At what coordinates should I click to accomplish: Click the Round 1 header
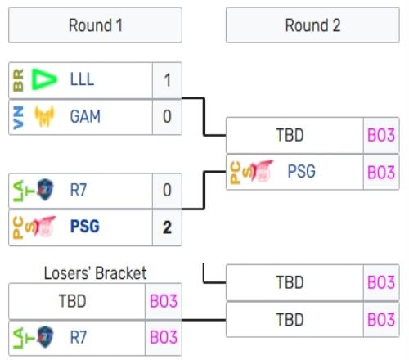[95, 25]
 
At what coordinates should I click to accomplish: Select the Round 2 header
[312, 25]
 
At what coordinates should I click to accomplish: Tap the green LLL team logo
[44, 79]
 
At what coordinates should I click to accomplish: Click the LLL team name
[82, 79]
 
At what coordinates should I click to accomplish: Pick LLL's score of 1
[167, 80]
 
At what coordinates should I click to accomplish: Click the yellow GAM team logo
[44, 116]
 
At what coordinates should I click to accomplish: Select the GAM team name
[85, 116]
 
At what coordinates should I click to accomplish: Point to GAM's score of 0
[167, 116]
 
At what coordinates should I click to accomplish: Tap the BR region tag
[18, 80]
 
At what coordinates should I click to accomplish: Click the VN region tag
[18, 117]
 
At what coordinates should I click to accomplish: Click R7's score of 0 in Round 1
[167, 190]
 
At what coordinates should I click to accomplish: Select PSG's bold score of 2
[167, 227]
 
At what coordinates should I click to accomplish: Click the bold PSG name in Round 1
[85, 227]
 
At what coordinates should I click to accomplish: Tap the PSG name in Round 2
[302, 171]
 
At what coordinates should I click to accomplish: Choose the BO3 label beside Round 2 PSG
[381, 173]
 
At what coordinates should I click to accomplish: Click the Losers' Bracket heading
[96, 273]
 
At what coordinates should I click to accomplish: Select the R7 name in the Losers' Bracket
[79, 337]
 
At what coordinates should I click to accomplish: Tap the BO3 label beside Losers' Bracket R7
[164, 337]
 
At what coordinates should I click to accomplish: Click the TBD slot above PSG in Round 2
[290, 135]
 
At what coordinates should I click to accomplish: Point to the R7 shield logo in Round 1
[45, 190]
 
